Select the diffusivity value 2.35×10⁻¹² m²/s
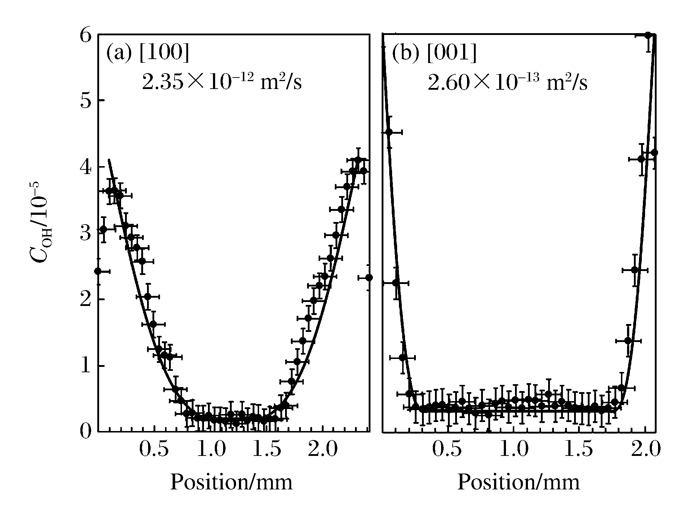pyautogui.click(x=222, y=82)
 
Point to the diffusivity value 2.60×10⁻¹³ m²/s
pyautogui.click(x=507, y=82)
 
